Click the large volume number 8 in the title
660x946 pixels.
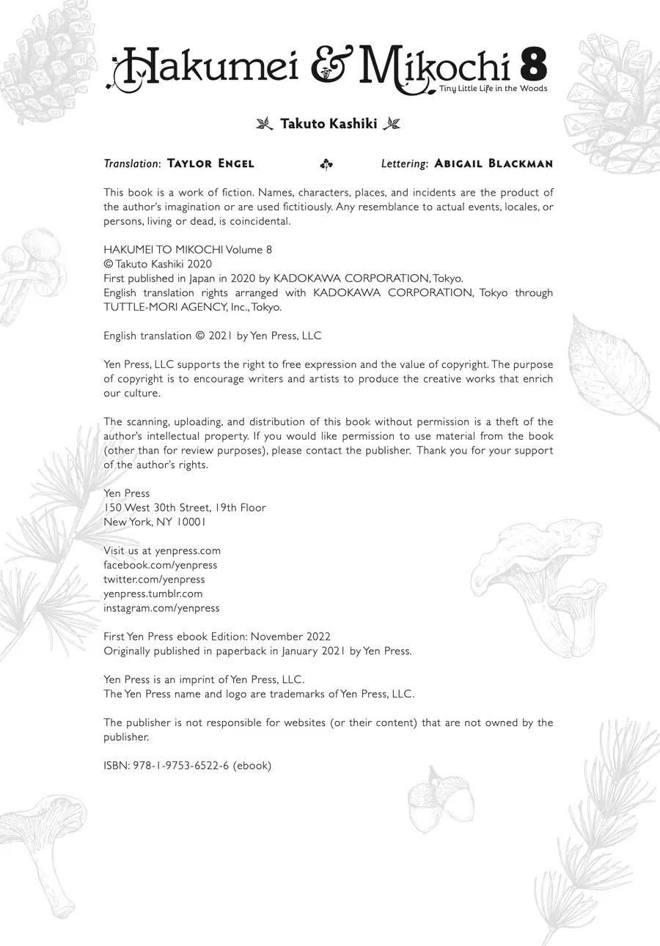point(533,65)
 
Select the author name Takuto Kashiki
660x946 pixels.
point(329,124)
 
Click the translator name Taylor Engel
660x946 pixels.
point(210,163)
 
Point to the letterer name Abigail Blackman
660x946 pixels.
point(494,163)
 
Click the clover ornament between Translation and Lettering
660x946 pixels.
point(326,165)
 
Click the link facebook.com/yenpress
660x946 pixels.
point(160,565)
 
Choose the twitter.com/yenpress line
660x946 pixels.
point(154,580)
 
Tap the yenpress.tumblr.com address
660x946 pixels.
point(153,594)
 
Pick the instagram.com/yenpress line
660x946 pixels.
point(161,608)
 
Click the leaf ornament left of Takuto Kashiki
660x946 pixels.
point(264,124)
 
